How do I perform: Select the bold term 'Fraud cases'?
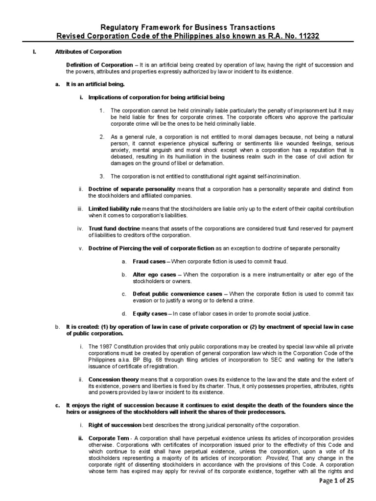point(149,262)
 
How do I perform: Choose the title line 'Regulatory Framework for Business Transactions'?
point(188,27)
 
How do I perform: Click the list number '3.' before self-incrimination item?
point(102,176)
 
